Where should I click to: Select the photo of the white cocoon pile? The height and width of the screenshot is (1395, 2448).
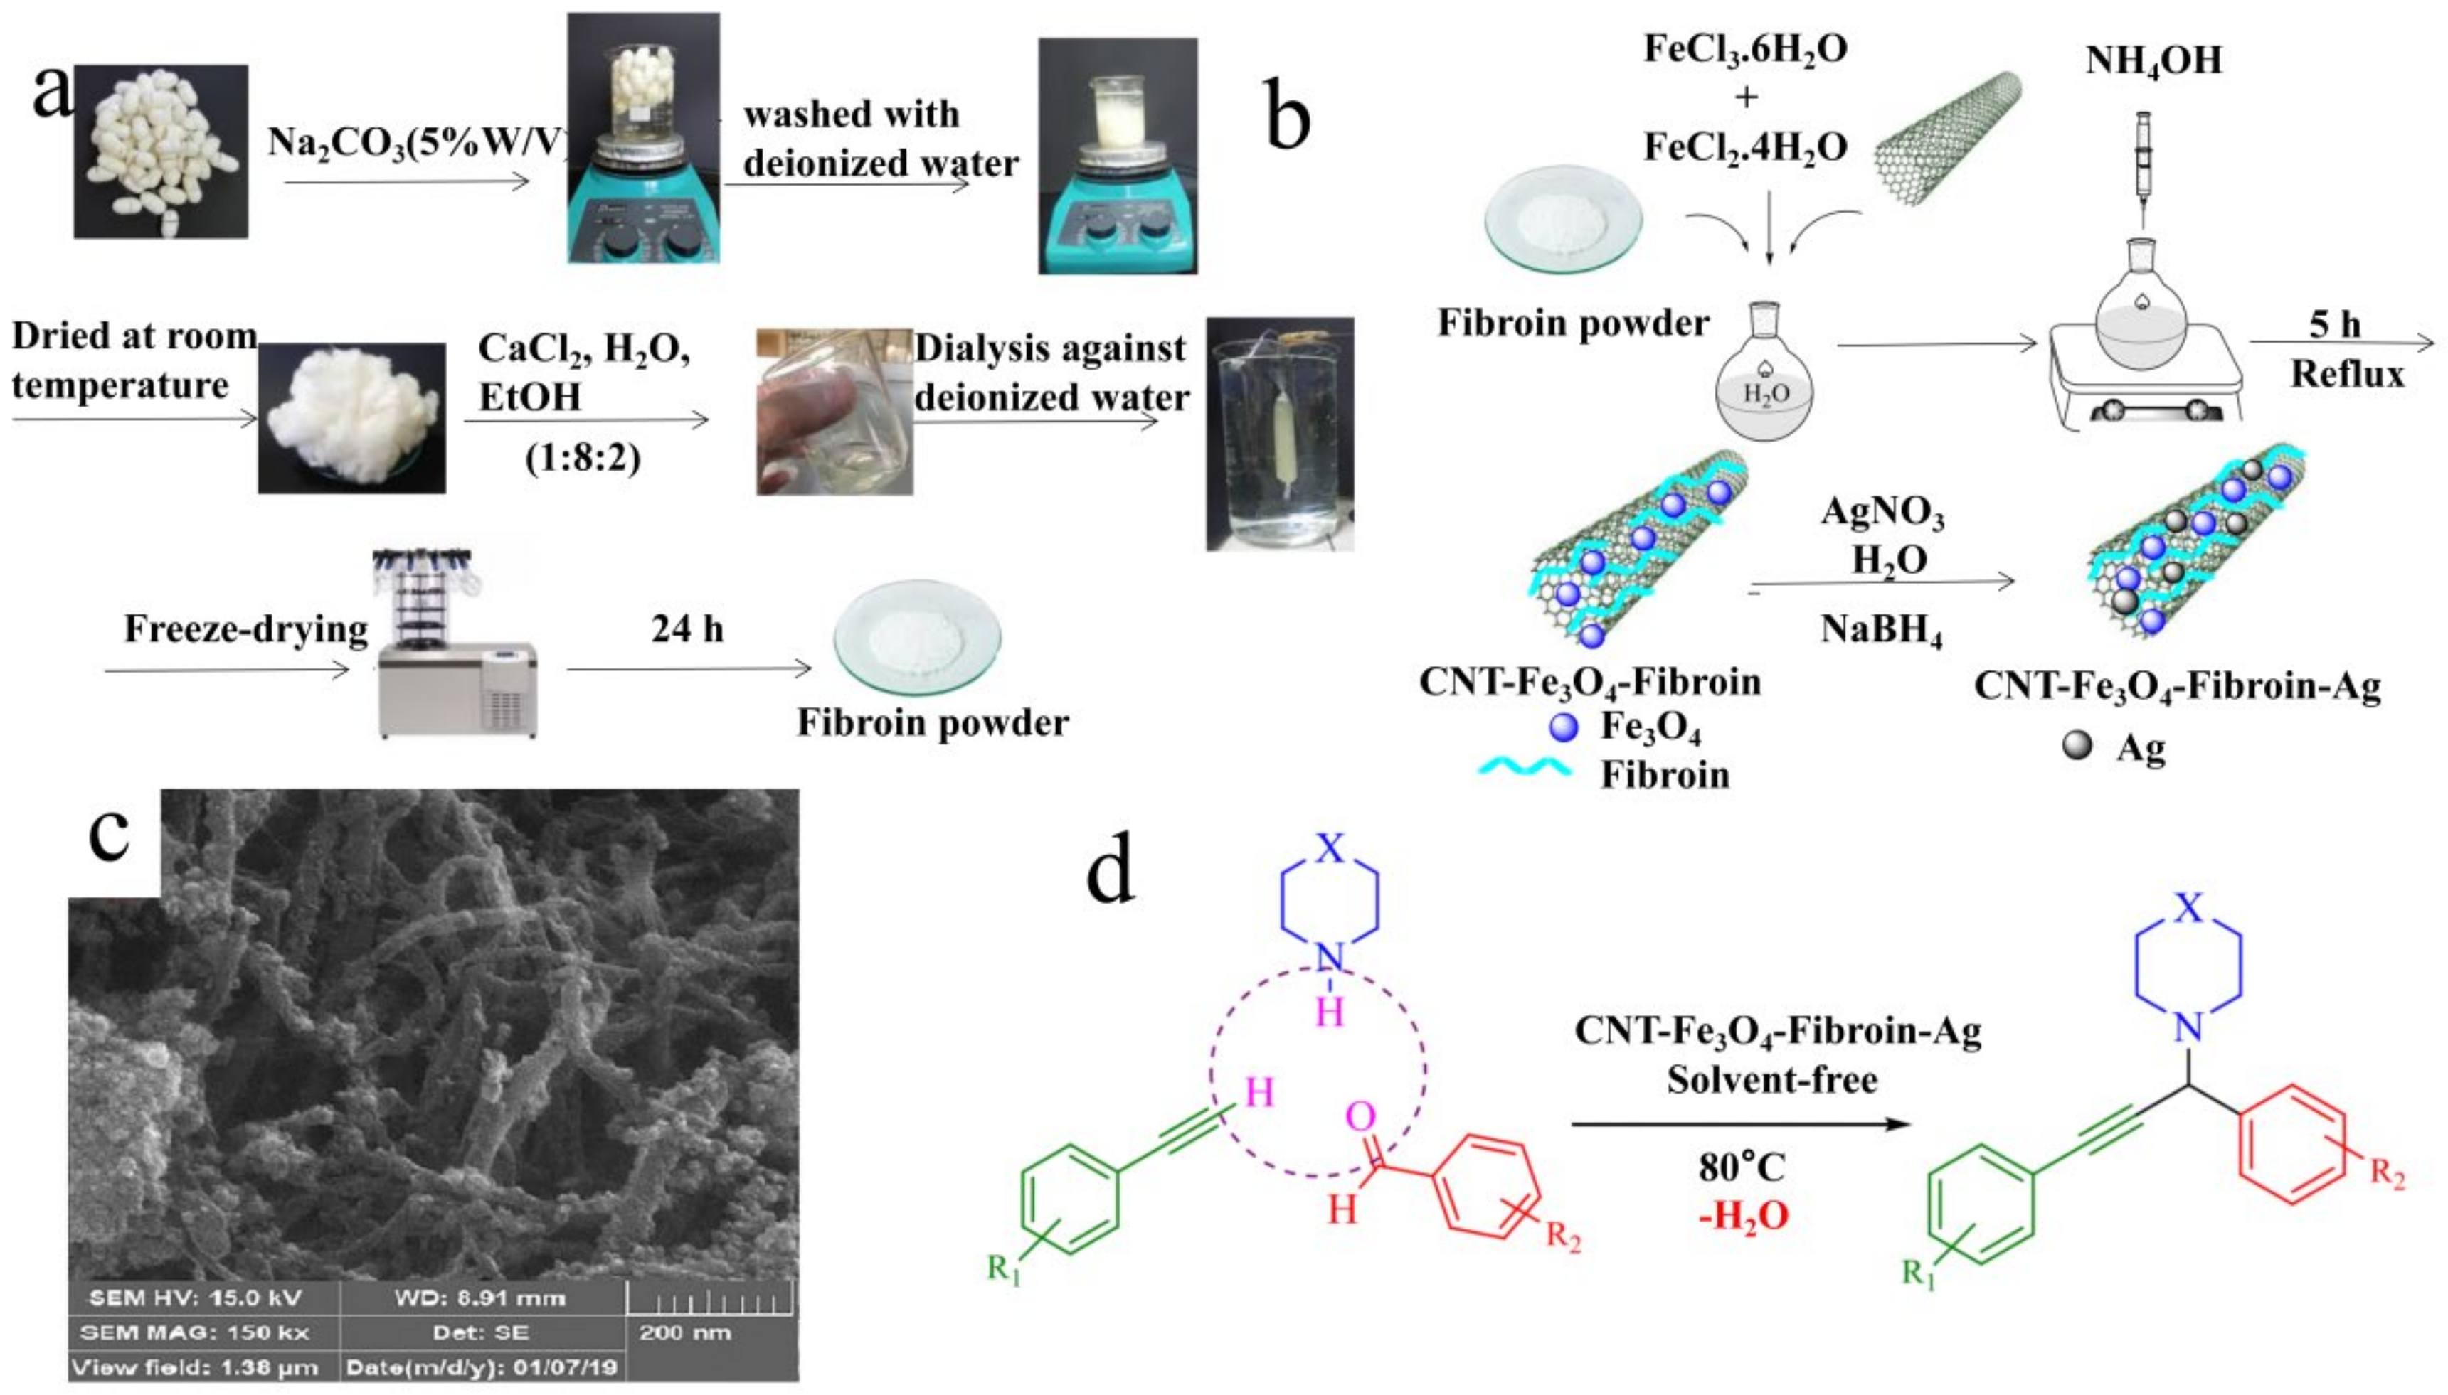tap(161, 151)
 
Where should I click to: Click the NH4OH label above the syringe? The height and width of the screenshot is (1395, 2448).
tap(2153, 60)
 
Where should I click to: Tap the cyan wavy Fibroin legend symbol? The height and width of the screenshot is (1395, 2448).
tap(1524, 769)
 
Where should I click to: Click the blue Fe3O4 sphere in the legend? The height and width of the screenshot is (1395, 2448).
tap(1563, 728)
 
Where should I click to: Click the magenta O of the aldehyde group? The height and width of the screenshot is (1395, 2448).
tap(1361, 1116)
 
